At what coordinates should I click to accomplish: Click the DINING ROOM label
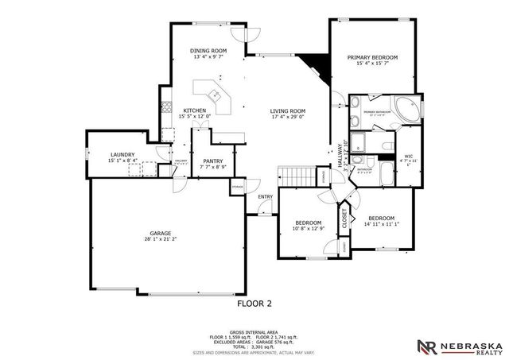(x=208, y=50)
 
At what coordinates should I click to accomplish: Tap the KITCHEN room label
(x=195, y=110)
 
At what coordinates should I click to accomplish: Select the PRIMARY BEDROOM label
(x=372, y=58)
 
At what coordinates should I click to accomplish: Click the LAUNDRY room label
(x=122, y=155)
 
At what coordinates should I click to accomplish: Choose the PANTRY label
(x=212, y=160)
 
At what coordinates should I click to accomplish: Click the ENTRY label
(x=265, y=197)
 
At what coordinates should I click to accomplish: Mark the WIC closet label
(x=408, y=156)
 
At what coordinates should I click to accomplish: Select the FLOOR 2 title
(x=254, y=303)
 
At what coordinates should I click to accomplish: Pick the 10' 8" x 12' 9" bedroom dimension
(x=309, y=229)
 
